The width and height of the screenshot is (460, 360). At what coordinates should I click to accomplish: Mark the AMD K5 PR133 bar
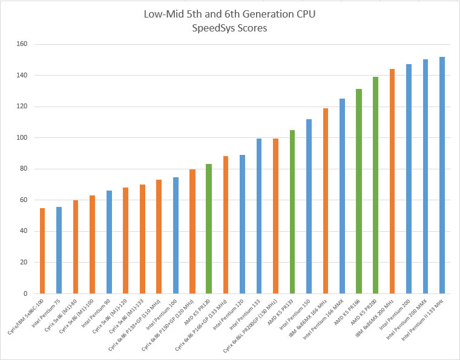292,212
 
